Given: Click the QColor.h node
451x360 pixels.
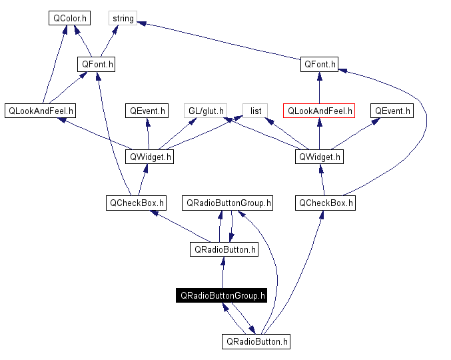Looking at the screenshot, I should point(69,19).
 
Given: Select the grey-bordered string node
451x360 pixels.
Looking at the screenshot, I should point(123,19).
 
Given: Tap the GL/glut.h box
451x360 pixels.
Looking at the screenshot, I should point(207,111).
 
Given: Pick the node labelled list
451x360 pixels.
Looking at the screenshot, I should point(255,111).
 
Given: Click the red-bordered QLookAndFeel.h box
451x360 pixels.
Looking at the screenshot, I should point(319,111).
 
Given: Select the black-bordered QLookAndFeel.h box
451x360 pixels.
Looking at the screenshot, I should point(41,111).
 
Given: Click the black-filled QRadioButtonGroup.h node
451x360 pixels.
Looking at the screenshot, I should point(221,295).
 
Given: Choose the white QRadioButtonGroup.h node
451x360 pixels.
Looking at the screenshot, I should point(228,203).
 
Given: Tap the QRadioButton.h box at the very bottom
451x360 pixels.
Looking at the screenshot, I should point(256,341).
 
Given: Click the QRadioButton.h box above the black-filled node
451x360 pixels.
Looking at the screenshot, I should point(223,249).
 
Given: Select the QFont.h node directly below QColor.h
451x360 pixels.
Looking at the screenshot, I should point(97,65).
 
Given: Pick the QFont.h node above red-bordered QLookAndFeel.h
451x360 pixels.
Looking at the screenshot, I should point(320,65).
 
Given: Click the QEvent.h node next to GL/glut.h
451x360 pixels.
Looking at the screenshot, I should point(147,111).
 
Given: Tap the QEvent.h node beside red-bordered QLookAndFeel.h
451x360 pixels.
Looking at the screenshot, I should point(392,111).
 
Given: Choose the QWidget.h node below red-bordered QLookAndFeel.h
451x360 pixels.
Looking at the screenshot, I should point(319,157).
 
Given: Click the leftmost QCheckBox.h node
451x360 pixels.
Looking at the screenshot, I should point(136,203).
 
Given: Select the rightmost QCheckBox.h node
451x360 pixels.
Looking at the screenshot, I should point(325,203).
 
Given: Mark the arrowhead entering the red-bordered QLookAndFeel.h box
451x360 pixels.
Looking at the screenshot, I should point(320,123).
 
